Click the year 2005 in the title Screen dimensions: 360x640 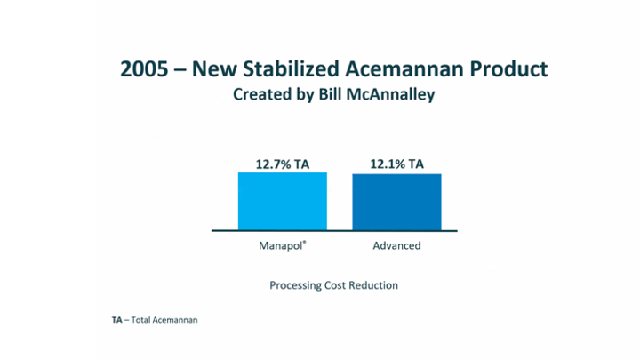click(144, 68)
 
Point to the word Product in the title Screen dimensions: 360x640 click(509, 68)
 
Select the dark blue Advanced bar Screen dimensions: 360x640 click(396, 202)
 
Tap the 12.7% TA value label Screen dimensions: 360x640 click(283, 164)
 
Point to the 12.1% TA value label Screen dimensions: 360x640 click(396, 164)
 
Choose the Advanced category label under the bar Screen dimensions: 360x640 click(396, 245)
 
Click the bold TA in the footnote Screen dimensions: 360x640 click(104, 320)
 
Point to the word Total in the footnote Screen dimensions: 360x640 click(140, 320)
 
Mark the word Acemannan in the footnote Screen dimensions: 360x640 click(175, 320)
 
